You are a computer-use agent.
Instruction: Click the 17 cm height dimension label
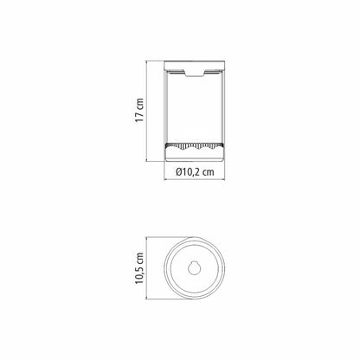[139, 110]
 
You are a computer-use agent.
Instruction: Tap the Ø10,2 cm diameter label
[195, 172]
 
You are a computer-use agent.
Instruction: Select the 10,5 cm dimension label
[139, 268]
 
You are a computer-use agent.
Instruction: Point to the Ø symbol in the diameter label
[179, 172]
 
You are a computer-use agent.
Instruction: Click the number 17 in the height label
[139, 117]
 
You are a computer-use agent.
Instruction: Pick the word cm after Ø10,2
[209, 172]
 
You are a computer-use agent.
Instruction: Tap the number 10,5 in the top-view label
[139, 275]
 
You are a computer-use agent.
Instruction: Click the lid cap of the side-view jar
[194, 66]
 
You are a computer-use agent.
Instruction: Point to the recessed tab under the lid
[195, 74]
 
